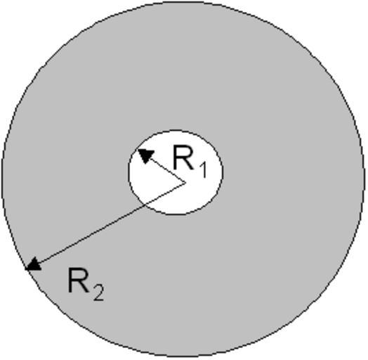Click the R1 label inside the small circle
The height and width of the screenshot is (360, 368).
[x=190, y=162]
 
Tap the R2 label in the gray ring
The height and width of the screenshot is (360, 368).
[x=86, y=284]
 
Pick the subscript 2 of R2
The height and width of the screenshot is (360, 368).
[x=98, y=292]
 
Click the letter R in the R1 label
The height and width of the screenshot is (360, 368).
[x=183, y=157]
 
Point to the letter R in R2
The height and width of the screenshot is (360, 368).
[x=79, y=280]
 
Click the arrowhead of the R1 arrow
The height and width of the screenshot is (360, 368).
[x=145, y=155]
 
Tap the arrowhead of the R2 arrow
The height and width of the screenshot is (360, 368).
[x=33, y=264]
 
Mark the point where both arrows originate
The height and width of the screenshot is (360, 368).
[x=185, y=182]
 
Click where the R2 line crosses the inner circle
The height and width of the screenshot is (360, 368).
[x=146, y=205]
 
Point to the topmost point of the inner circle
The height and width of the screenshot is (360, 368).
[x=176, y=130]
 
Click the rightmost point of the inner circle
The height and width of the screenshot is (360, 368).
[x=223, y=173]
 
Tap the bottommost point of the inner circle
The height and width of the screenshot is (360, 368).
[x=176, y=215]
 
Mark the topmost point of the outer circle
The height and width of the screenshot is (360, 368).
[x=183, y=2]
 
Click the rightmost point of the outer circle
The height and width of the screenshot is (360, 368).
[x=364, y=180]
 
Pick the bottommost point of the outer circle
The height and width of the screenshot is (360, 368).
[x=183, y=358]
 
